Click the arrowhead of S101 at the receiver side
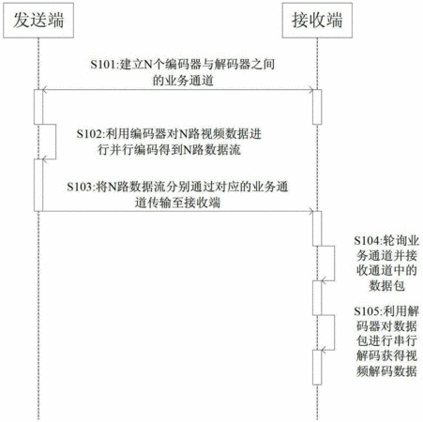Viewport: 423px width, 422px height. click(x=310, y=90)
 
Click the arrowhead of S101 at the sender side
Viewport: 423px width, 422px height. click(x=45, y=90)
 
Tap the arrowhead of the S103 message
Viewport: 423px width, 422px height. click(x=310, y=211)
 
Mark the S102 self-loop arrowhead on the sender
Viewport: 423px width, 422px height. click(x=45, y=159)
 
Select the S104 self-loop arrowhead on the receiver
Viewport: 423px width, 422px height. click(x=324, y=280)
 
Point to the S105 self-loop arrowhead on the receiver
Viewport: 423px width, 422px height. click(x=324, y=350)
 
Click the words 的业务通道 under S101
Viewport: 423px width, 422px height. click(x=183, y=81)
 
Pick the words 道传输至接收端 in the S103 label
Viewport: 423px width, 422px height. click(x=177, y=203)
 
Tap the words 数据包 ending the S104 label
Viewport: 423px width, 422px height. click(x=387, y=286)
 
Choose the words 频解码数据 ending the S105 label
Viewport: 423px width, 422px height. click(x=386, y=370)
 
